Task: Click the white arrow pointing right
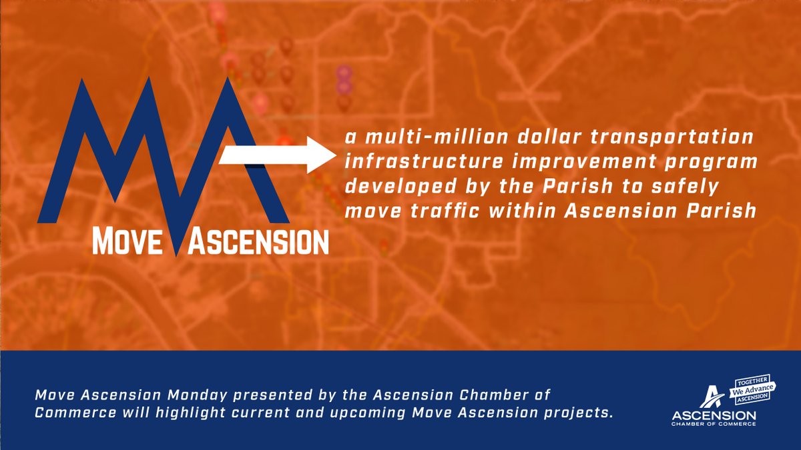tap(275, 156)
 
